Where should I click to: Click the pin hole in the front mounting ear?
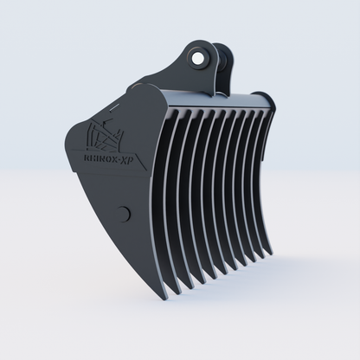pos(201,58)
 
